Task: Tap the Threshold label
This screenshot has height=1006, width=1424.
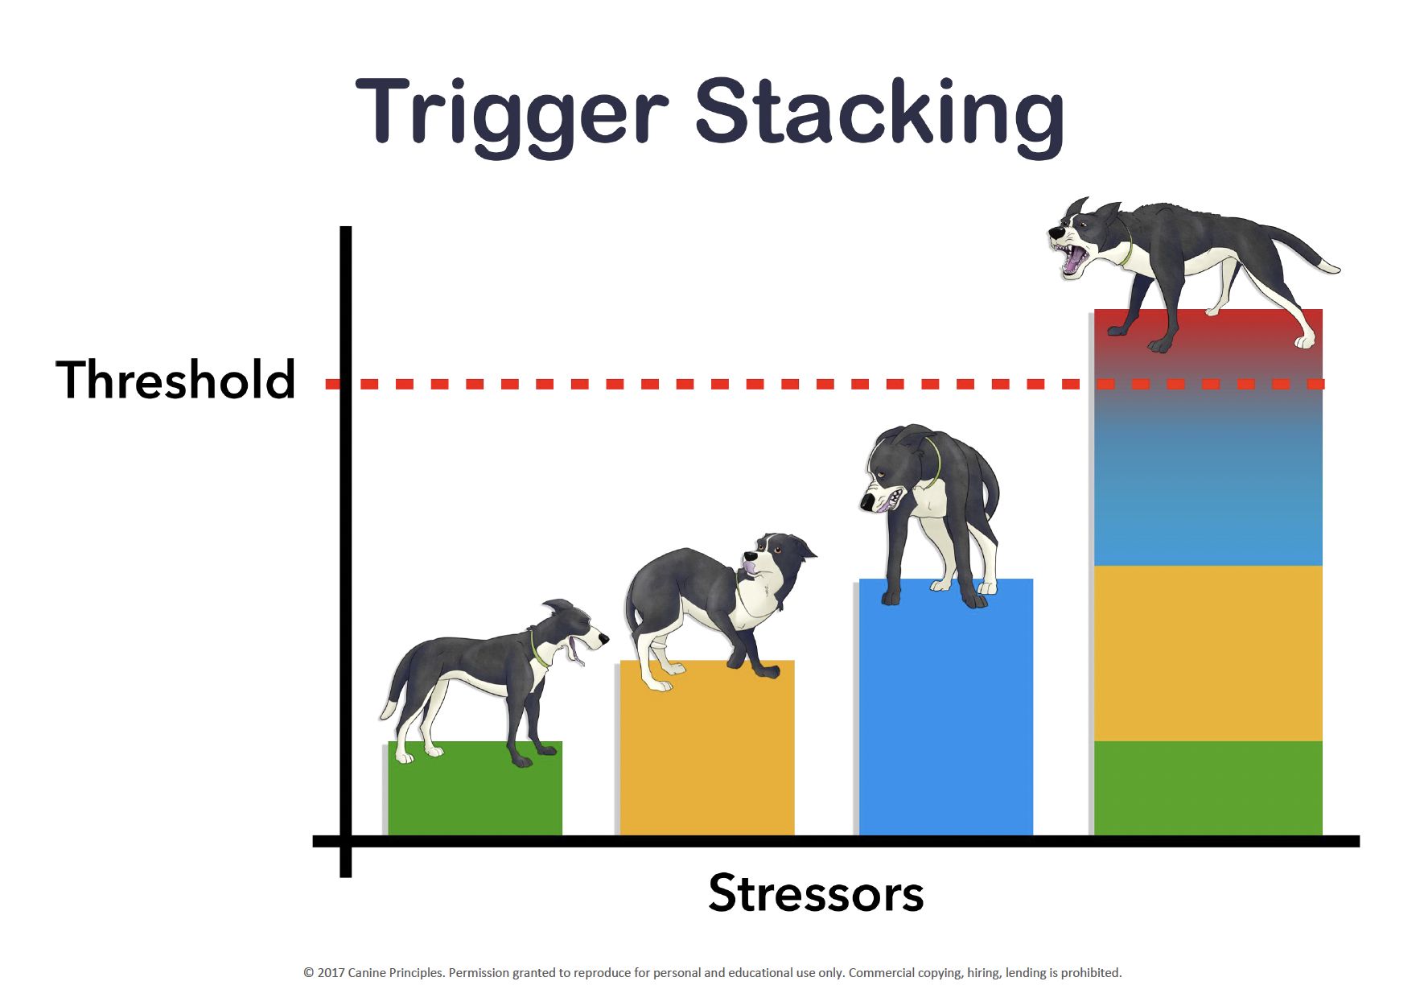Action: pos(175,380)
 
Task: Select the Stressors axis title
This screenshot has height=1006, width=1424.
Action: pos(816,893)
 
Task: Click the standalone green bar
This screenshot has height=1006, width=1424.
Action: pos(475,789)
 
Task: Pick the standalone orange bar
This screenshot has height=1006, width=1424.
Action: pos(707,748)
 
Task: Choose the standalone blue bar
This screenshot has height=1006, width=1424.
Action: pos(946,707)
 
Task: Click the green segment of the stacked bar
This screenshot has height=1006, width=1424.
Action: pos(1208,789)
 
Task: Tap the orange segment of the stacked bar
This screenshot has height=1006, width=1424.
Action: pos(1208,653)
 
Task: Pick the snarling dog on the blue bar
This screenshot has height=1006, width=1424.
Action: pos(931,516)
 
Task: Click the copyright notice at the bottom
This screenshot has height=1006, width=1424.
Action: pos(712,972)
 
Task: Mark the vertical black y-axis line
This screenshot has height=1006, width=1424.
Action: pos(346,551)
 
